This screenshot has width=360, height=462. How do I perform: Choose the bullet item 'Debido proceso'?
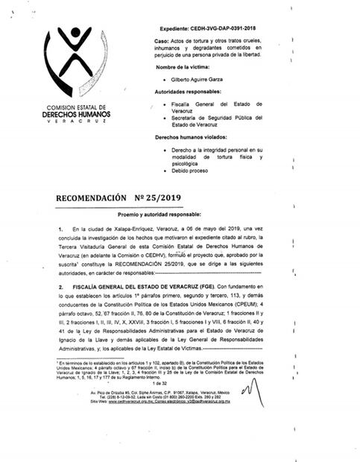[x=195, y=179]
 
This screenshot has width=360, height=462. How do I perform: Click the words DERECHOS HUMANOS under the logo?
[x=76, y=114]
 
